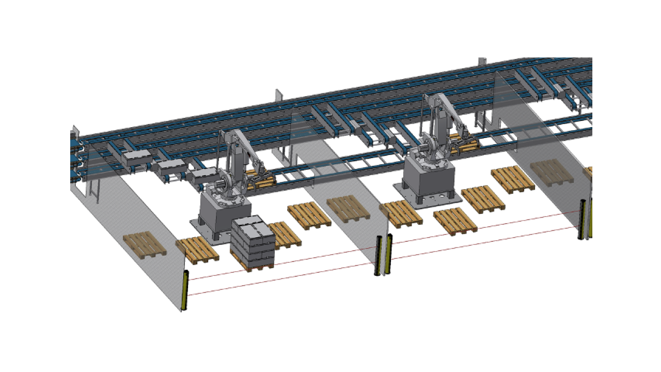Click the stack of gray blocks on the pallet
point(253,242)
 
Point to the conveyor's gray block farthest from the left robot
point(136,158)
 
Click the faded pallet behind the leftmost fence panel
point(145,244)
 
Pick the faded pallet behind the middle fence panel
point(349,208)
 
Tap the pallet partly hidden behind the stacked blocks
point(284,234)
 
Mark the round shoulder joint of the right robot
point(428,147)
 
